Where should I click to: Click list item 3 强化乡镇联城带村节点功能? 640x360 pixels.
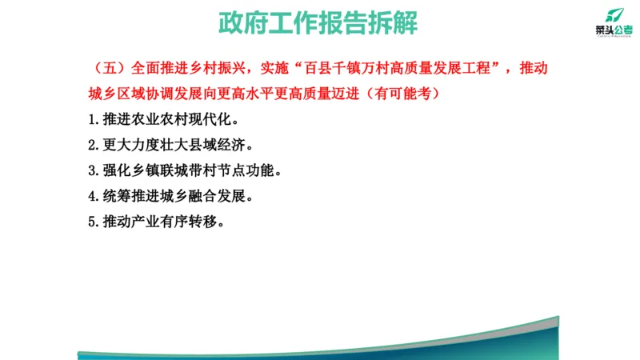click(x=185, y=171)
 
